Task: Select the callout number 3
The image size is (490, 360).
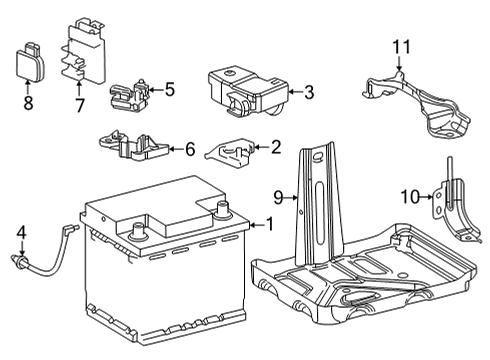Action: click(x=309, y=93)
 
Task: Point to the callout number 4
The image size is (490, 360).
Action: click(x=19, y=233)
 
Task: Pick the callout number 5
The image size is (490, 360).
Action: click(x=169, y=89)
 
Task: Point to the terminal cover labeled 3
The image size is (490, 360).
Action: click(x=244, y=85)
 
